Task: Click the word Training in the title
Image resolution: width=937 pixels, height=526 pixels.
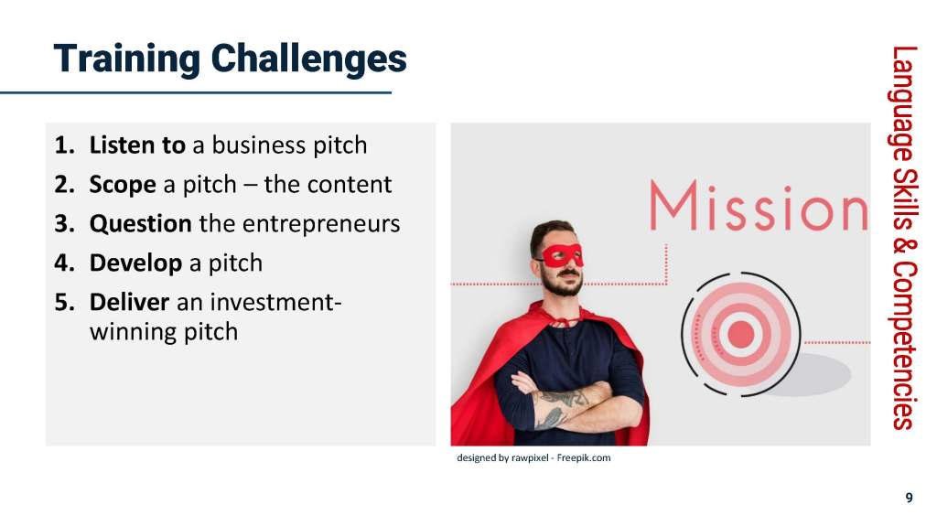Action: (126, 59)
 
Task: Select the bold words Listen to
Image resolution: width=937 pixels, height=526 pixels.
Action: (137, 145)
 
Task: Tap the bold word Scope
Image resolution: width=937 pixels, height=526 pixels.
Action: (123, 186)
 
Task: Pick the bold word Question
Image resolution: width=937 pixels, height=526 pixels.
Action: (140, 224)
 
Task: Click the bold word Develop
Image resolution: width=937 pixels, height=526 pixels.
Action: (135, 263)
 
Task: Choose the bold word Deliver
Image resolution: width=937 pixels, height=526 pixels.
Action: (129, 302)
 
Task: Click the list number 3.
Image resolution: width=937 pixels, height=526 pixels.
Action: (64, 224)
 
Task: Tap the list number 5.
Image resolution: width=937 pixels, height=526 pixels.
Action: (64, 303)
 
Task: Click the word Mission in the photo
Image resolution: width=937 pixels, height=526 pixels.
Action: (759, 207)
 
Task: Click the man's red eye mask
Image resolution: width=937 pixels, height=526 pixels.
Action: (560, 255)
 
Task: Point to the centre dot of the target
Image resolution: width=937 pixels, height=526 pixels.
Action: (741, 334)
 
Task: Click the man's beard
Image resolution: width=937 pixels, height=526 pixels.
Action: (563, 284)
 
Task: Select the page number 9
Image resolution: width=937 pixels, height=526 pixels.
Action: (909, 498)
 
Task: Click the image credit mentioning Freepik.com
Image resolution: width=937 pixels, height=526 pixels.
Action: (533, 458)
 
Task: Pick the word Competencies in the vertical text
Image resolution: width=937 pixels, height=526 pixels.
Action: (903, 347)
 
